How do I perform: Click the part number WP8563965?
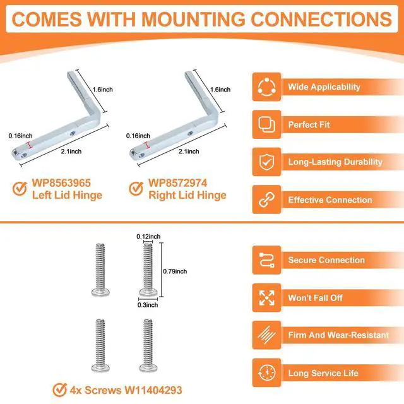61,183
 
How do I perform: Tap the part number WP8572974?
178,183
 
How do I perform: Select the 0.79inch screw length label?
175,271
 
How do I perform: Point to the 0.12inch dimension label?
148,237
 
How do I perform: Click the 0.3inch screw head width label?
148,305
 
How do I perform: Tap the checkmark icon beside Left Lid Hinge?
20,189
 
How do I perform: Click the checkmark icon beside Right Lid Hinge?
136,189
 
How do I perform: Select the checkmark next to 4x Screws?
59,390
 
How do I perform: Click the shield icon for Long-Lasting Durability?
266,162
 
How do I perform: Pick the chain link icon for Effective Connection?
266,199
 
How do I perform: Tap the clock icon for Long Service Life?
266,372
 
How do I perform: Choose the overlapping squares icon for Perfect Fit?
266,125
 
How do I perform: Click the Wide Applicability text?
324,87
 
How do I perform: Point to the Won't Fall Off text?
316,298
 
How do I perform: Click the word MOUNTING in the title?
193,20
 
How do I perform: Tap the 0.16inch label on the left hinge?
21,136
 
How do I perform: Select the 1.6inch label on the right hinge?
220,90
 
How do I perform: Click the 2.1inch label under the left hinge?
71,151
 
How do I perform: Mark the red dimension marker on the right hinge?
148,145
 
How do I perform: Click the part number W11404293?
153,390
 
